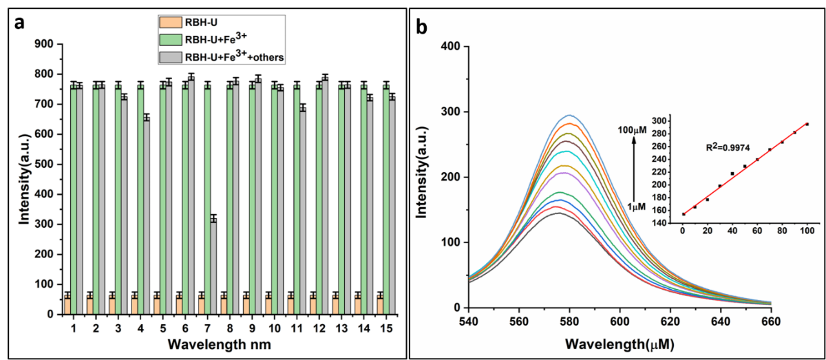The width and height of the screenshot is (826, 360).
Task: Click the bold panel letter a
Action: (20, 24)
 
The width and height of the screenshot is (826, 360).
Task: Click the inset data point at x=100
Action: (807, 124)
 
